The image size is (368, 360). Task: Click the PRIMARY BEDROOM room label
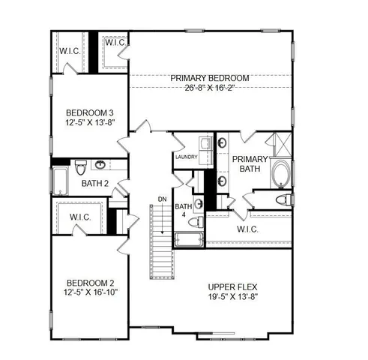coord(208,78)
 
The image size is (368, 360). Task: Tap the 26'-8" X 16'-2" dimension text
coord(208,88)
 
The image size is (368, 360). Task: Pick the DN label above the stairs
coord(161,199)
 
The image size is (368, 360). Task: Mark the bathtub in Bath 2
coord(59,180)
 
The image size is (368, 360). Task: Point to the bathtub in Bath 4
coord(188,239)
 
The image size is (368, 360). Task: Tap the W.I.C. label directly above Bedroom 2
coord(80,218)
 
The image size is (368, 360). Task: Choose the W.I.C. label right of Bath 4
coord(248,229)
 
